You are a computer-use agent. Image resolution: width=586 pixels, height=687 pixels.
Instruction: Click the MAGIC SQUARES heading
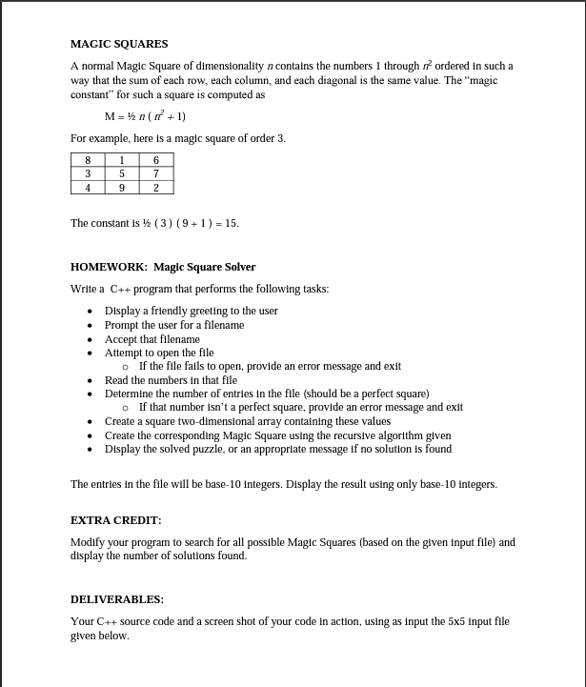[119, 44]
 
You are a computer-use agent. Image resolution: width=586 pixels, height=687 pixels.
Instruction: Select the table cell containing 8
[88, 160]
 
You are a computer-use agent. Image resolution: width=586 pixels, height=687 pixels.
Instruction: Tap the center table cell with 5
[122, 173]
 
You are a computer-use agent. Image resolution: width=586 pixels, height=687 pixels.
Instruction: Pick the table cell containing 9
[122, 188]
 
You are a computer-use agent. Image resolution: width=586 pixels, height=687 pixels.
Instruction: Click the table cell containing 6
[156, 160]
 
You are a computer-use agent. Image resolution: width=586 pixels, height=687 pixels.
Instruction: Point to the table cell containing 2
[156, 188]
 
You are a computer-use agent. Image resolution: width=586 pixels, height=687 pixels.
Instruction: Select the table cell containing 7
[156, 173]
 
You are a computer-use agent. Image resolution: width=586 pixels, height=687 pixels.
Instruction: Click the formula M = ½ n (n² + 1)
[145, 117]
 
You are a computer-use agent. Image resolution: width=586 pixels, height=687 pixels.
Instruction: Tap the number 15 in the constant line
[231, 223]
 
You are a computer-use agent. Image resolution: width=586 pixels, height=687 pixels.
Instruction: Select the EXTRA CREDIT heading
[115, 520]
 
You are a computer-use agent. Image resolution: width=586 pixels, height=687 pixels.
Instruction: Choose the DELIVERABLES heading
[117, 599]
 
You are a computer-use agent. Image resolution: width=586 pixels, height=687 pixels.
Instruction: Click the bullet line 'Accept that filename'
[152, 339]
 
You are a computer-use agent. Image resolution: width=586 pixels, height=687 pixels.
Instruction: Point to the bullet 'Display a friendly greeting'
[191, 311]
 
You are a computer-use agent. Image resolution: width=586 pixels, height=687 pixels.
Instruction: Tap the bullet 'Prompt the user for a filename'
[173, 325]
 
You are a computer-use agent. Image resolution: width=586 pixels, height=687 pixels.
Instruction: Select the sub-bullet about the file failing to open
[270, 366]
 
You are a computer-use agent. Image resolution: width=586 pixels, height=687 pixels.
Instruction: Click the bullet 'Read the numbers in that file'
[171, 380]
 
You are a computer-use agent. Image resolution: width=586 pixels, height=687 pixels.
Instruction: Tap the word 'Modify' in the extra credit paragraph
[88, 542]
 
